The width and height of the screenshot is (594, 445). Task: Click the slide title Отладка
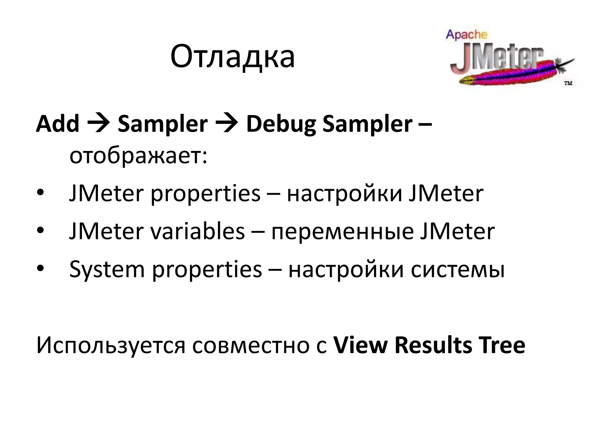coord(232,56)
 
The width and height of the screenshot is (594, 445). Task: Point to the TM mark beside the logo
coord(568,83)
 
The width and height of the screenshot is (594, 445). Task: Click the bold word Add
coord(57,124)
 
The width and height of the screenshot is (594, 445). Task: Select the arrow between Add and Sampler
coord(98,124)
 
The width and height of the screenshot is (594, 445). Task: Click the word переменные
coord(342,232)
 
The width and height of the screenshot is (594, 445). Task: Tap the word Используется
coord(111,346)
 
